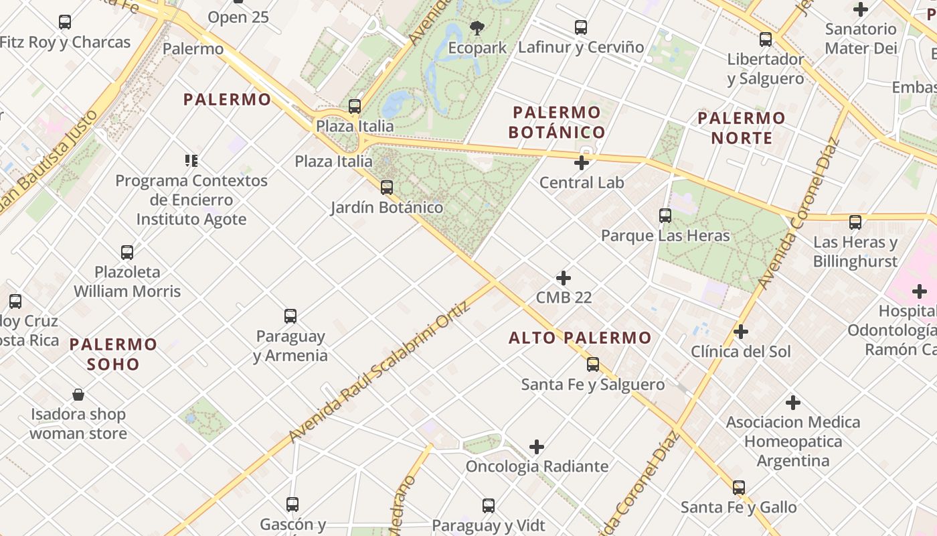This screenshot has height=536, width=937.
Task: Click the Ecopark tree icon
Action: [x=477, y=28]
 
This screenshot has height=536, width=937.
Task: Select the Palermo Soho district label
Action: [x=113, y=354]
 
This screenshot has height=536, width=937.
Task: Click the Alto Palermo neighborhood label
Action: [x=580, y=338]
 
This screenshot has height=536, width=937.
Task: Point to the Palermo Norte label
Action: [x=742, y=128]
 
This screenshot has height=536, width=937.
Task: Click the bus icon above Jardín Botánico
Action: [x=387, y=188]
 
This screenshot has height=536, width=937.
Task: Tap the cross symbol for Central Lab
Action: [x=582, y=162]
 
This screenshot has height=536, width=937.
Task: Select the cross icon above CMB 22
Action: [x=564, y=277]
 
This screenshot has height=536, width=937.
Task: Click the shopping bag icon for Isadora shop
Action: [x=78, y=395]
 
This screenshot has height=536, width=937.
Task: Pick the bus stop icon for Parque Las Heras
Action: [x=665, y=216]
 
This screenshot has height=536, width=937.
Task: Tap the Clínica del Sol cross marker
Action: [x=740, y=332]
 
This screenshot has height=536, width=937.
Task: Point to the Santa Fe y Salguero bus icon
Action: [x=593, y=364]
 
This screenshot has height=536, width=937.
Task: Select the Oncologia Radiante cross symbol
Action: [x=537, y=446]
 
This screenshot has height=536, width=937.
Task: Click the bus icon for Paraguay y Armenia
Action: [x=290, y=316]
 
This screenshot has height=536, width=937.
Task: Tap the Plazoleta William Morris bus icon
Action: [x=127, y=253]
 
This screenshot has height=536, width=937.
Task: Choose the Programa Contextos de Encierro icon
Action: [x=191, y=161]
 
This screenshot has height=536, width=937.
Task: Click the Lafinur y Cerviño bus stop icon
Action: [x=581, y=27]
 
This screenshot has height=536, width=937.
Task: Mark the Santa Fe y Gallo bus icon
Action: [x=739, y=488]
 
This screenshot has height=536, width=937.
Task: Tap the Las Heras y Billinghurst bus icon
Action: [x=855, y=222]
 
